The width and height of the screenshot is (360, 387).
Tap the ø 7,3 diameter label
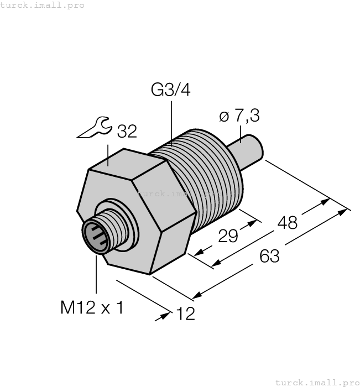pos(239,116)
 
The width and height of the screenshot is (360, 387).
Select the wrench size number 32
pos(126,131)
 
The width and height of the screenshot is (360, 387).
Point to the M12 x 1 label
pos(92,307)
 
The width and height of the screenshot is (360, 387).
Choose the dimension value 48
pos(286,222)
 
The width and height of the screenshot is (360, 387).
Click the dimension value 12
pos(185,313)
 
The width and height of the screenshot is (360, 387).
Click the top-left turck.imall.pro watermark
pos(43,5)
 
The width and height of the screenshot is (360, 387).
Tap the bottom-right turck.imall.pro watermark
pos(317,382)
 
